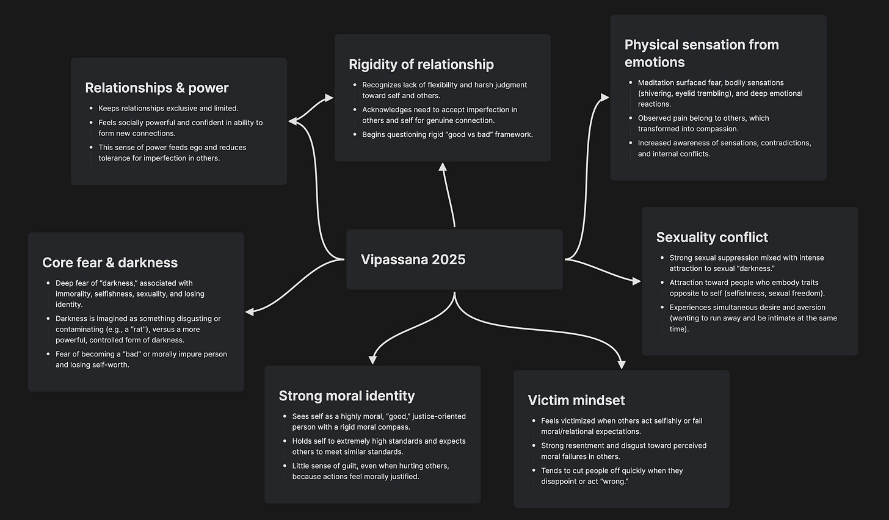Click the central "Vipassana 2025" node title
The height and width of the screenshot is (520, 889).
tap(413, 259)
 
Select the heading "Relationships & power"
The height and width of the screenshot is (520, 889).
tap(157, 88)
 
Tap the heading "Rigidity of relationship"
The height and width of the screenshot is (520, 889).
tap(421, 65)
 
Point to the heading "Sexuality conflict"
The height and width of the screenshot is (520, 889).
tap(712, 237)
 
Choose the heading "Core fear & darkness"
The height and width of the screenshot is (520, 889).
tap(110, 263)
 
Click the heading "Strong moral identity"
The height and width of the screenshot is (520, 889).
tap(347, 396)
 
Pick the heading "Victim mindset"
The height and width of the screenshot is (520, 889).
tap(576, 400)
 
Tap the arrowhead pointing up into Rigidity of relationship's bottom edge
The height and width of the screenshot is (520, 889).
tap(443, 167)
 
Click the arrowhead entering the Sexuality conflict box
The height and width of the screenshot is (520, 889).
tap(636, 281)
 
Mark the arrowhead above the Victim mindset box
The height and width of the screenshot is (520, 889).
tap(622, 364)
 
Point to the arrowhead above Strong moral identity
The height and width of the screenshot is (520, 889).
tap(372, 360)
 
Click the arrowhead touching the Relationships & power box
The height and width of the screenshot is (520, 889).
tap(293, 121)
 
